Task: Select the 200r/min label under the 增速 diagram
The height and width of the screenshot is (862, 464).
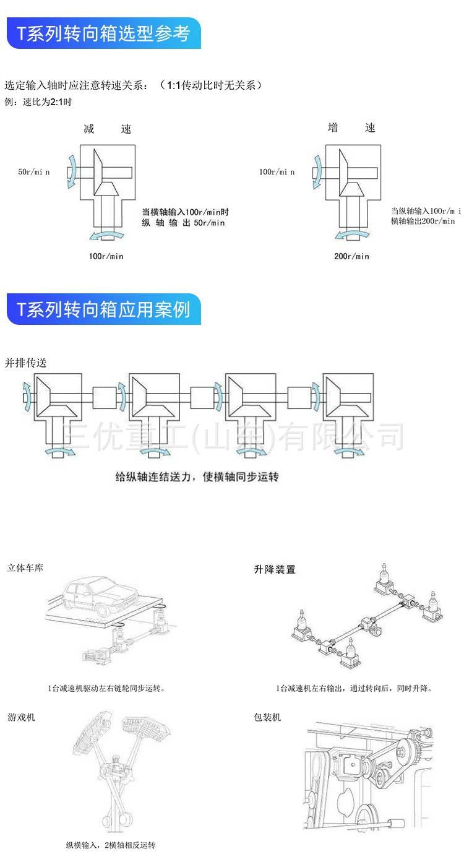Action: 351,256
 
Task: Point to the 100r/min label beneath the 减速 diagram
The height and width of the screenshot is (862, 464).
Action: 106,256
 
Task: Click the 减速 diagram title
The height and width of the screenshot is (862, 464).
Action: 108,129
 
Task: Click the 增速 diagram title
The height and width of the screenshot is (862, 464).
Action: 351,128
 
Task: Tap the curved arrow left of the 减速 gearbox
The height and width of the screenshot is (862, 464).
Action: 72,168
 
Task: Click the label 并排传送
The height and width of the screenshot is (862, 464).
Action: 25,363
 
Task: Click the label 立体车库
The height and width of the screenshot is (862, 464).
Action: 25,567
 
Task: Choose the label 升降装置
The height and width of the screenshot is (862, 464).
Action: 275,569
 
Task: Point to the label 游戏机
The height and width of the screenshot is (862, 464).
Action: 21,717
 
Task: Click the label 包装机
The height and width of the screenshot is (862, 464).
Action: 267,717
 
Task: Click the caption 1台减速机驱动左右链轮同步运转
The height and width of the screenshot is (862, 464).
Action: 106,688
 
